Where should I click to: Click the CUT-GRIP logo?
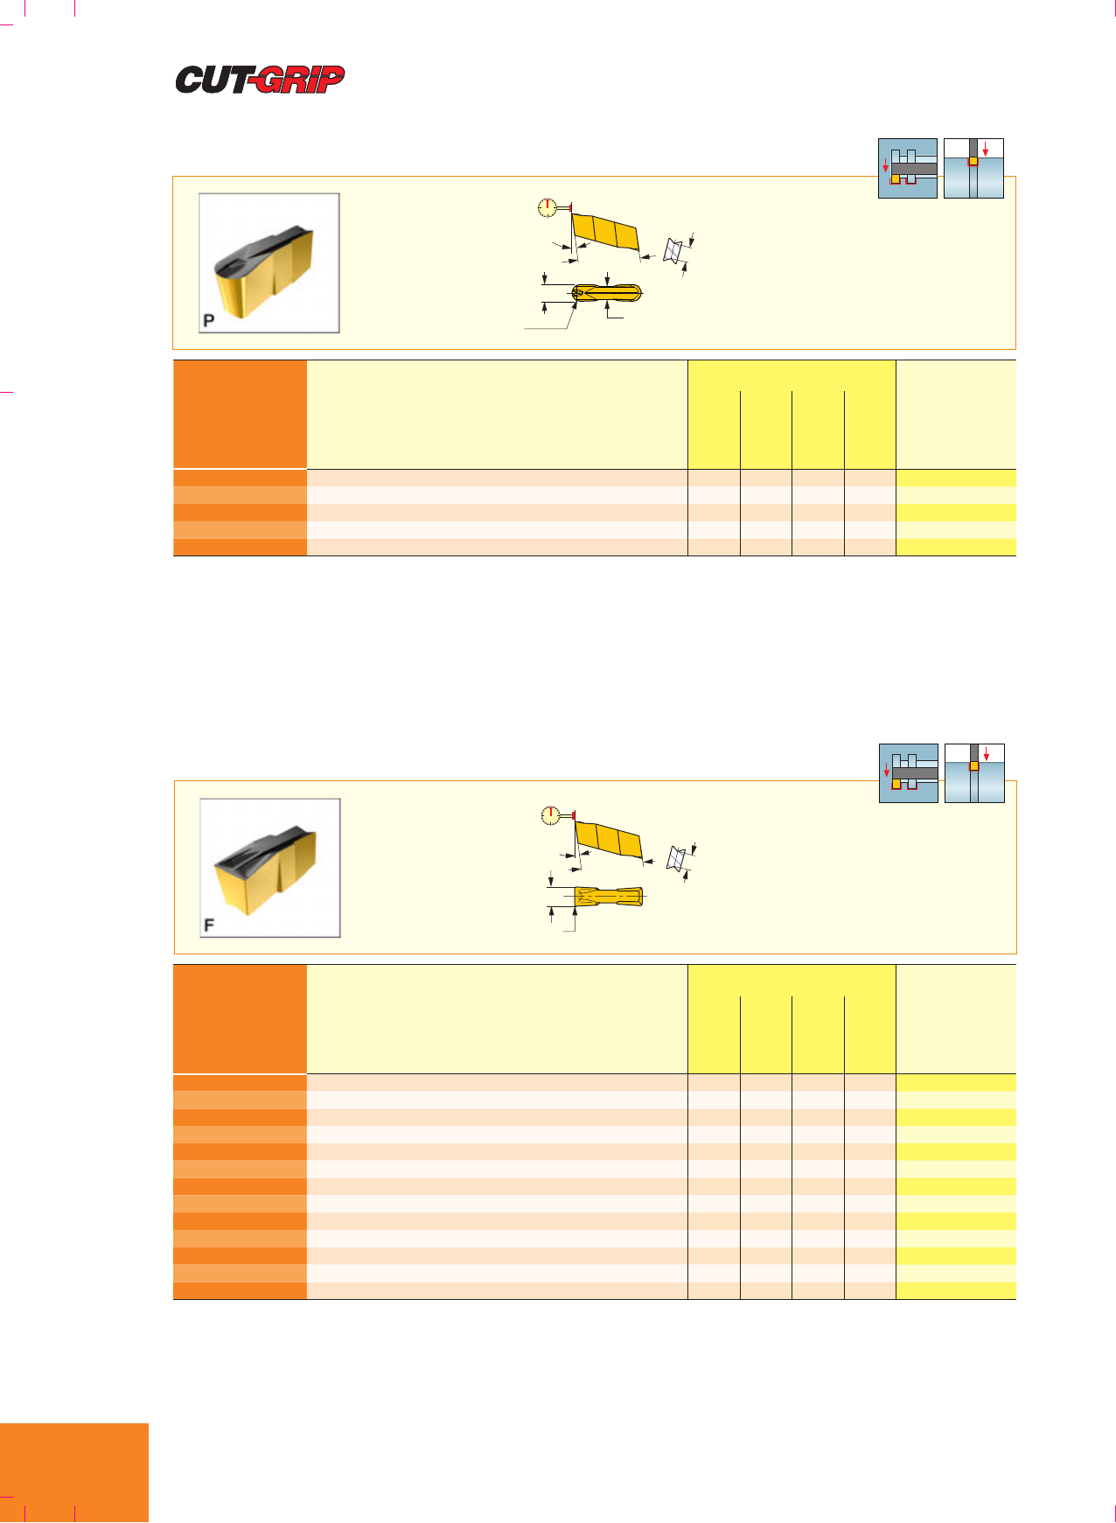tap(260, 80)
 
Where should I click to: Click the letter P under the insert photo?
tap(209, 320)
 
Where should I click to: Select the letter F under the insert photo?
tap(209, 925)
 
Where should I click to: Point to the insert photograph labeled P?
tap(269, 263)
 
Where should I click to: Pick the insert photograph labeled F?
tap(270, 868)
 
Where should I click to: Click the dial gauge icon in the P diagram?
tap(548, 208)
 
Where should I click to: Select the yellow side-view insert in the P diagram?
tap(605, 233)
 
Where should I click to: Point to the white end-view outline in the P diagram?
tap(673, 251)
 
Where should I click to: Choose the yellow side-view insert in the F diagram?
tap(608, 840)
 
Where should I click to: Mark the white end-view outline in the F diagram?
tap(674, 858)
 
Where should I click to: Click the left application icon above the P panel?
tap(908, 168)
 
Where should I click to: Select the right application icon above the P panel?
tap(973, 168)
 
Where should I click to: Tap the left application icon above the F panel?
tap(909, 773)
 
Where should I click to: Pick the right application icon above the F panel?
tap(974, 773)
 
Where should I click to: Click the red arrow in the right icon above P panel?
tap(986, 148)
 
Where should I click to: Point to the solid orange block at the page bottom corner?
tap(74, 1473)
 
